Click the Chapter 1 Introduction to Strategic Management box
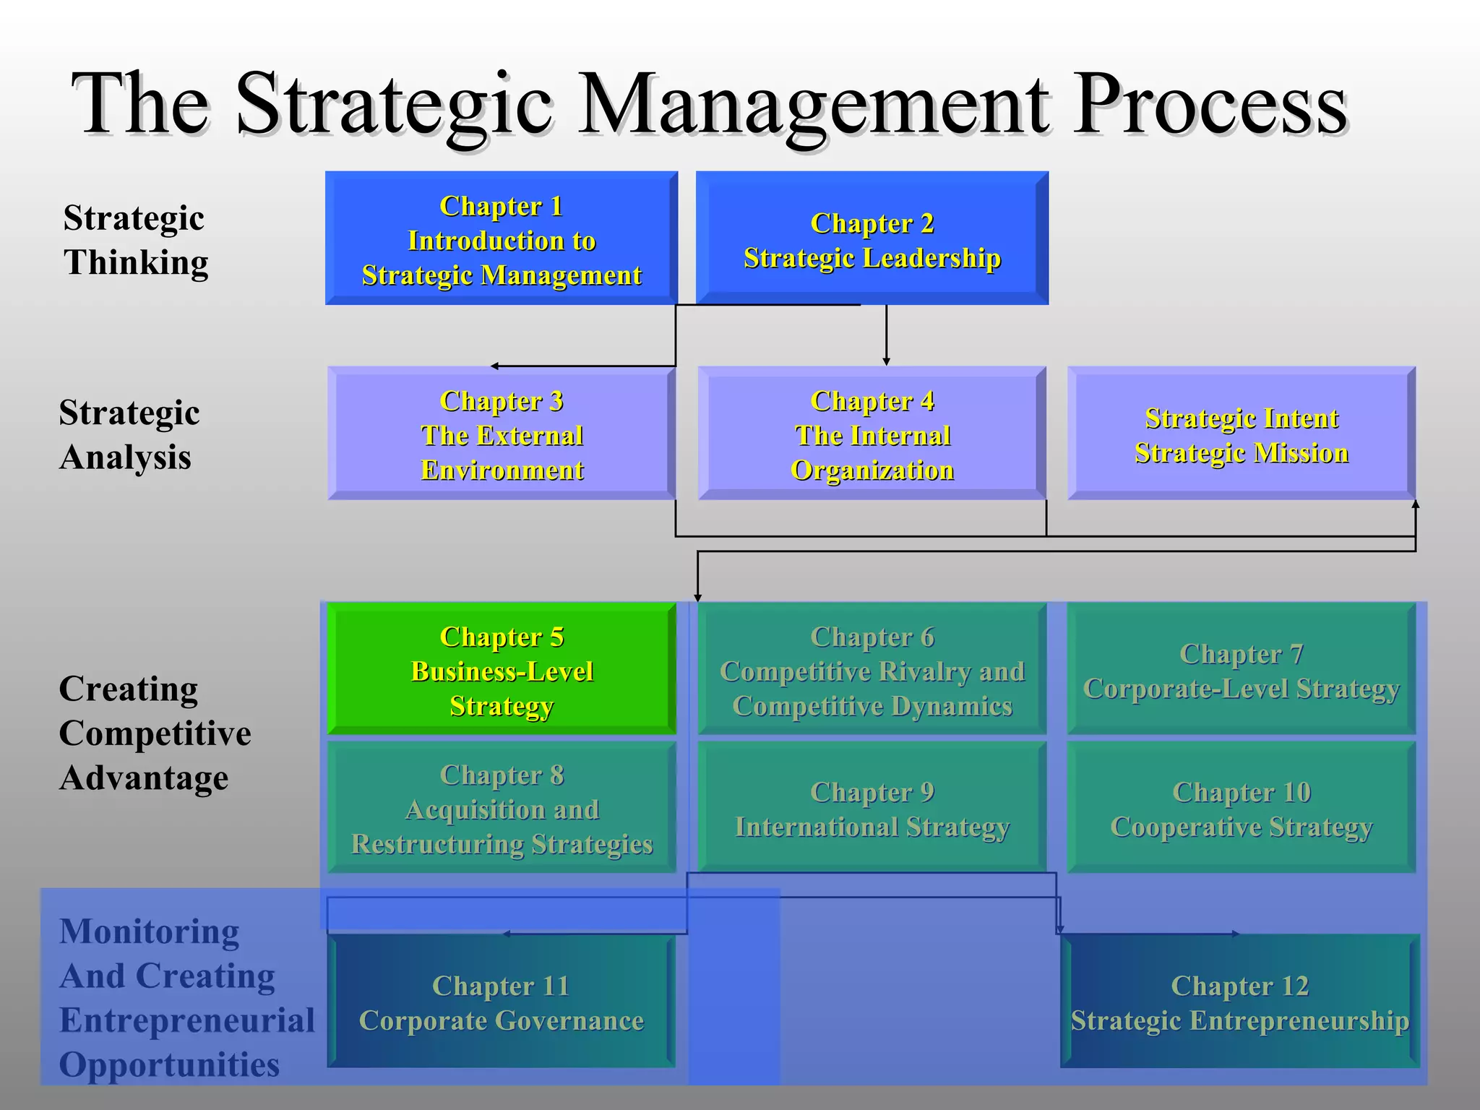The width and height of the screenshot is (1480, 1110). pos(502,238)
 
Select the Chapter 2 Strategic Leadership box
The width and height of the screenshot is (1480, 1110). pos(872,238)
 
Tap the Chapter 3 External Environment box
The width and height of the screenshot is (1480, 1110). pos(502,434)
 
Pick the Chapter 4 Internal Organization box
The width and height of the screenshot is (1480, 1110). pos(872,434)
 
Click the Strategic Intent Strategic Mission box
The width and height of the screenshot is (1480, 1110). pos(1241,434)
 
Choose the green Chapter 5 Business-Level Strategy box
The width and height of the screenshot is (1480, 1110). pos(502,669)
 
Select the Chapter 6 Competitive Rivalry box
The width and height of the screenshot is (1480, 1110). pos(872,669)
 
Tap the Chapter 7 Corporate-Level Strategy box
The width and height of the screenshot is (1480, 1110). pos(1241,669)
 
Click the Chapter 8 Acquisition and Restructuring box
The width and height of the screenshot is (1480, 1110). pos(502,808)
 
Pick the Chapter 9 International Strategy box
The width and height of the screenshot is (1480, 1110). pos(872,808)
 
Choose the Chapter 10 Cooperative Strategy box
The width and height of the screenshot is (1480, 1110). pos(1241,808)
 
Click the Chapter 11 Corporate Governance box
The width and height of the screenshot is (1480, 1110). pos(502,1002)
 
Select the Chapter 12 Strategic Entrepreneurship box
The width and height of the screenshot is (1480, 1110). pos(1239,1002)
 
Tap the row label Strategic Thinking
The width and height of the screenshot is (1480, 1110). pos(135,239)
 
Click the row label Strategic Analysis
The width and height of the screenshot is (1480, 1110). pos(129,434)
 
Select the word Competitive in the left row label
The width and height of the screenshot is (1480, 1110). pos(155,733)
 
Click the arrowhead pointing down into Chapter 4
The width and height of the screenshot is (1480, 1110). pos(886,361)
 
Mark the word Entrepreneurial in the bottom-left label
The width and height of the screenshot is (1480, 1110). pos(187,1020)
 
